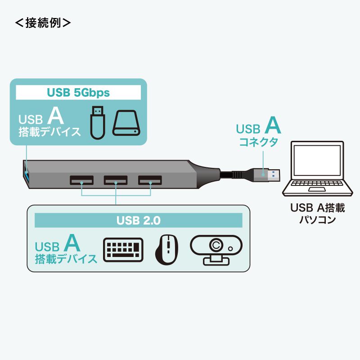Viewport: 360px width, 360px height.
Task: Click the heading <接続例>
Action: pyautogui.click(x=43, y=23)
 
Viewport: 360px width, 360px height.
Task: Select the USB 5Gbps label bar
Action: pyautogui.click(x=78, y=93)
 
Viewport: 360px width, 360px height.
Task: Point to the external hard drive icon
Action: pyautogui.click(x=126, y=123)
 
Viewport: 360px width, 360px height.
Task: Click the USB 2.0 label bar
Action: pyautogui.click(x=138, y=220)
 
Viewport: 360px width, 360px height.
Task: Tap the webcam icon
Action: pyautogui.click(x=216, y=249)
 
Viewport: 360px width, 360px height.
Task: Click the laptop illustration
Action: pyautogui.click(x=315, y=169)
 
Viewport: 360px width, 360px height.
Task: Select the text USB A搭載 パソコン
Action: pyautogui.click(x=317, y=214)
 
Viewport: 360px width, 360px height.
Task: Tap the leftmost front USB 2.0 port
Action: pyautogui.click(x=82, y=180)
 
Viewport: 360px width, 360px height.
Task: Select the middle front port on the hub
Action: pyautogui.click(x=116, y=180)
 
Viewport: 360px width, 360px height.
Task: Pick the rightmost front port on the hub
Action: pyautogui.click(x=149, y=180)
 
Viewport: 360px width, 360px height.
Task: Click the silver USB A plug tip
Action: pyautogui.click(x=274, y=174)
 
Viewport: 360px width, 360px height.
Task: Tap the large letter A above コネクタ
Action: pyautogui.click(x=272, y=126)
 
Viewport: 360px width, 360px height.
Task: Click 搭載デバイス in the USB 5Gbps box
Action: pyautogui.click(x=49, y=132)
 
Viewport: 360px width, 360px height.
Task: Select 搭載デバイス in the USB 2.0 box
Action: pyautogui.click(x=66, y=259)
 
